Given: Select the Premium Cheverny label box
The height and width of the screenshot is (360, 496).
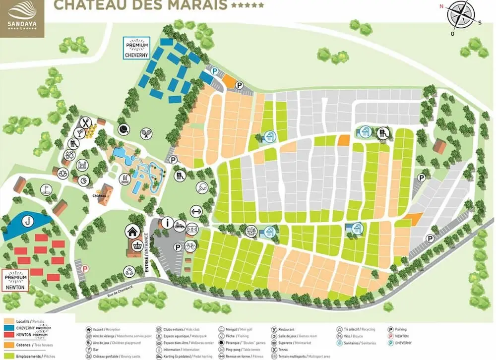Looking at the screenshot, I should pos(136,49).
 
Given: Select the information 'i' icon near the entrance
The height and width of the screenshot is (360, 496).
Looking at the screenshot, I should pos(167,223).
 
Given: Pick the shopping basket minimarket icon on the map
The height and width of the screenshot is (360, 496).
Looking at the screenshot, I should pos(137,245).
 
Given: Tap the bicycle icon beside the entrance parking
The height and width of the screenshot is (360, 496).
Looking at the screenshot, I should pos(190,246).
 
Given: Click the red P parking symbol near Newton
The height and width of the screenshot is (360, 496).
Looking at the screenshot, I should pos(85,268).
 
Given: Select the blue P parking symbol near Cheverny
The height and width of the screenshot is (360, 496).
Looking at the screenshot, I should pos(214,71).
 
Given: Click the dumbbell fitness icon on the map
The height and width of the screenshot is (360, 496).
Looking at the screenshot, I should pos(196,210).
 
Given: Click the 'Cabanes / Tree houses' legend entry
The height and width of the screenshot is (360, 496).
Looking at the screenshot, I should pos(30,345).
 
